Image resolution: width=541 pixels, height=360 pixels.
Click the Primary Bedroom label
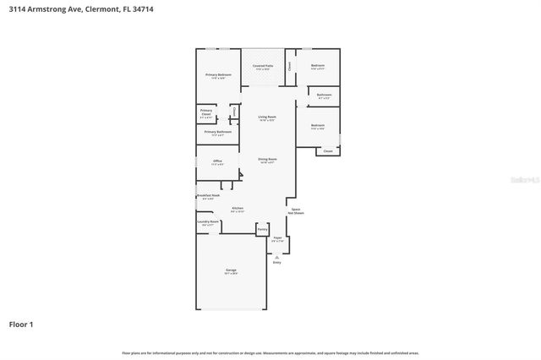(218, 76)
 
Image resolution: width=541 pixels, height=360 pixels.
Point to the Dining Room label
(267, 160)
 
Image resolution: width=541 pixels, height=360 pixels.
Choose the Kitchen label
(238, 209)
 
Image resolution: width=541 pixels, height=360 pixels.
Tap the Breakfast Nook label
(208, 196)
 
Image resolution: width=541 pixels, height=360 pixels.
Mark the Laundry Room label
(208, 222)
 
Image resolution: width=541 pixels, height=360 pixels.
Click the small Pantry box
(262, 229)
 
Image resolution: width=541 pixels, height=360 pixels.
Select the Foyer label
(277, 239)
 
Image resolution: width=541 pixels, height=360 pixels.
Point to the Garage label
(230, 271)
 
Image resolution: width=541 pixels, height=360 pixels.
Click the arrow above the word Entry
(276, 257)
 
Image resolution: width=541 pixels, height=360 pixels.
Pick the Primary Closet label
(206, 112)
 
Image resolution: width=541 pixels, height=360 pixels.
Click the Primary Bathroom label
(218, 133)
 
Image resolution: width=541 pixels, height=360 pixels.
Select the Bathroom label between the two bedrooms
(324, 95)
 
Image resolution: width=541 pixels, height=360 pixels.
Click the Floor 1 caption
(20, 324)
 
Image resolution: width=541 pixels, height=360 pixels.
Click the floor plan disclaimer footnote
(270, 352)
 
